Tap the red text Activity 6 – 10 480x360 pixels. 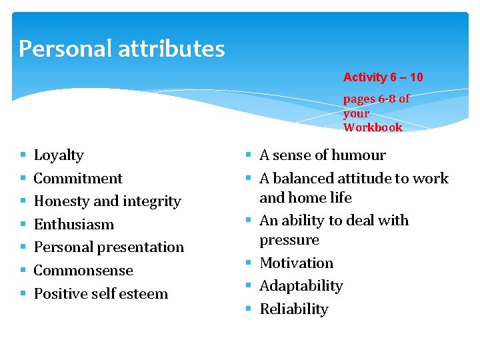pos(383,77)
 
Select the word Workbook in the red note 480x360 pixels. pos(373,127)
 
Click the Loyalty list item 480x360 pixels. pos(59,155)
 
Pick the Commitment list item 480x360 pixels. pos(78,179)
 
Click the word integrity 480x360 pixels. pos(147,201)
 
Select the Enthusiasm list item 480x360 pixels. pos(73,225)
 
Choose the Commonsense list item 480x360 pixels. pos(83,271)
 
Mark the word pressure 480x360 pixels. pos(289,240)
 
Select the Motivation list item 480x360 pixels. pos(296,263)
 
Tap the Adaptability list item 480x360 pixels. pos(301,286)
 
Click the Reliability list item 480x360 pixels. pos(294,309)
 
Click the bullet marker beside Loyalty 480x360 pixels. pos(23,156)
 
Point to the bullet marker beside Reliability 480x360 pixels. pos(249,309)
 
